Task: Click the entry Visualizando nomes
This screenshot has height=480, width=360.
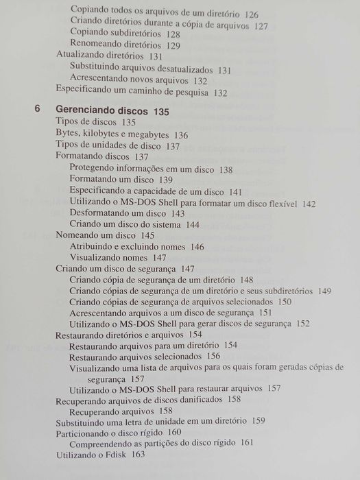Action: (x=110, y=257)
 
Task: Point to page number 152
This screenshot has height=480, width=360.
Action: (x=302, y=323)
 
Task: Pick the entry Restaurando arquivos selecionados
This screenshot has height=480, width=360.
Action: (x=135, y=356)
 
